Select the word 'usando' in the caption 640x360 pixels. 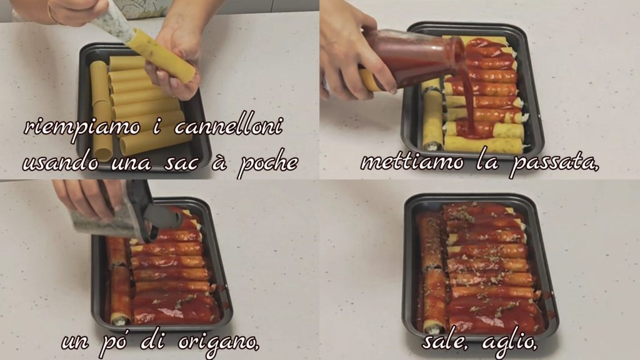pos(61,162)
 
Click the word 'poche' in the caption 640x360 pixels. pos(268,163)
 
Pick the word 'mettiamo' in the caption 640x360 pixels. pos(412,162)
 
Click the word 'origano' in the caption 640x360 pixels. pos(219,341)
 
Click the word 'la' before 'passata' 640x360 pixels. pos(487,162)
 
